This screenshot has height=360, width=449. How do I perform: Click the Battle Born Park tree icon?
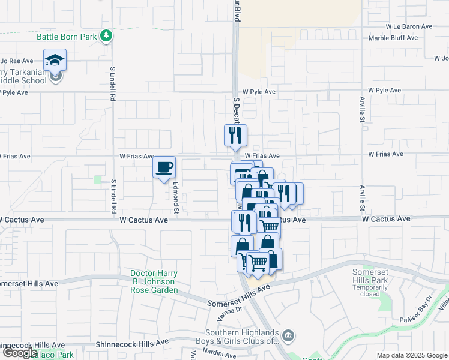tap(107, 36)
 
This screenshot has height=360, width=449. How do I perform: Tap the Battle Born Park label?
tap(67, 37)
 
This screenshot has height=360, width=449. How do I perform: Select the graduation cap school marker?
tap(55, 60)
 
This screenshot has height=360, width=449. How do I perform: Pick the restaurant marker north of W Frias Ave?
tap(236, 135)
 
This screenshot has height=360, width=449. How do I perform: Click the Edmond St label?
tap(176, 198)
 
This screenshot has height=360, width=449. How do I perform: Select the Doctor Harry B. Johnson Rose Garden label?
tap(154, 282)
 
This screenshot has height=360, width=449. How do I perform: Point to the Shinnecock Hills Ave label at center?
tap(133, 344)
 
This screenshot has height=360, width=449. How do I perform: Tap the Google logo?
tap(19, 353)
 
